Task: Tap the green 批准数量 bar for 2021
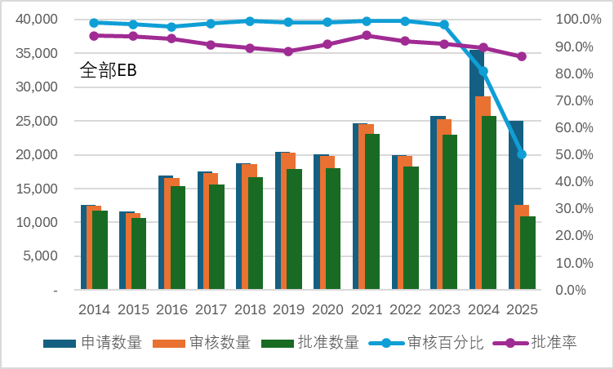tap(372, 212)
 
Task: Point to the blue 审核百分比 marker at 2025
tap(522, 154)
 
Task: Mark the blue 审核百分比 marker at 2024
tap(483, 72)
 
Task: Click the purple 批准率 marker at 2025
tap(522, 56)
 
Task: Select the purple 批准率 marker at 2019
tap(288, 51)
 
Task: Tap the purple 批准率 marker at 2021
tap(366, 35)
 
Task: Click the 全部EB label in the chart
tap(108, 70)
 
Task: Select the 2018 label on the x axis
tap(249, 310)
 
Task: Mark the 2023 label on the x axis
tap(444, 310)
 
